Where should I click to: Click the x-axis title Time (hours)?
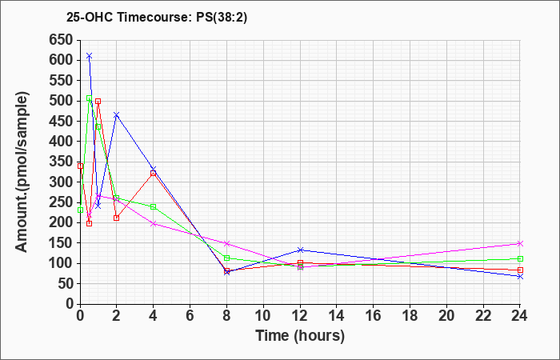point(300,335)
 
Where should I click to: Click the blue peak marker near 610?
point(89,56)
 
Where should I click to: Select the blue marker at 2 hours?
point(116,115)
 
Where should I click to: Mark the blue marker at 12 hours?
point(300,250)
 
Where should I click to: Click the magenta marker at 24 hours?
point(520,243)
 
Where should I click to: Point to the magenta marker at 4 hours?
point(153,223)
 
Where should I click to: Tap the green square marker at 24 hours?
point(520,258)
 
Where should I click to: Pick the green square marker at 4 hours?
point(153,206)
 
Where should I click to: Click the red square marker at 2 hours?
point(116,218)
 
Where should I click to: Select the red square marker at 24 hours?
point(520,270)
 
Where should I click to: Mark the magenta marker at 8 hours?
point(226,243)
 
